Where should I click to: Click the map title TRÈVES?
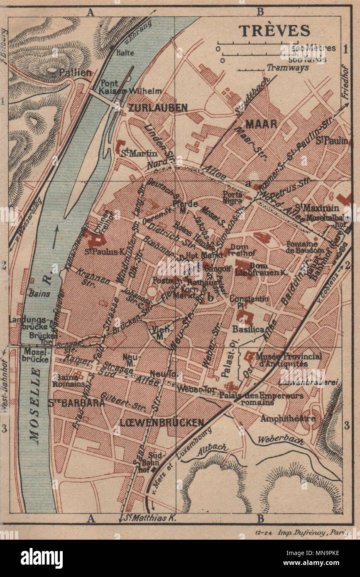[274, 31]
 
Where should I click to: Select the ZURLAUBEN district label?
[158, 108]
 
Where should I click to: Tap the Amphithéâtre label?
[287, 418]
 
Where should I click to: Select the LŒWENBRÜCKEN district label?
[162, 423]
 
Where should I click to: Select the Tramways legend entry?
[288, 67]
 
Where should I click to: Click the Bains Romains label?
[69, 381]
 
